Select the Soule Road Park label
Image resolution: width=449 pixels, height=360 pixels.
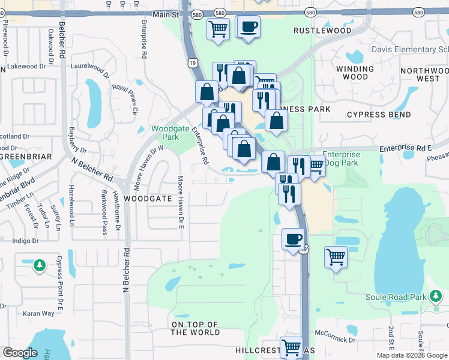coord(396,297)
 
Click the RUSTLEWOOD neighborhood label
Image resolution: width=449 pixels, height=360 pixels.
coord(322,31)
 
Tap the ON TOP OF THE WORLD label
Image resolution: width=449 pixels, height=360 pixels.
coord(196,328)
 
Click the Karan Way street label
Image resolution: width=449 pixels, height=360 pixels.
coord(38,313)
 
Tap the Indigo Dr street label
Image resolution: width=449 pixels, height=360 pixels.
coord(25,241)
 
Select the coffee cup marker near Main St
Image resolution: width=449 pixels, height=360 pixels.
coord(250,27)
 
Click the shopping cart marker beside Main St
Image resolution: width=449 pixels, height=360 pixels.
coord(218,28)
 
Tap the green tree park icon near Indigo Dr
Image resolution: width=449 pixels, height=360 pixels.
coord(40,265)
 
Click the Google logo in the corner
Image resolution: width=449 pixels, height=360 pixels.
coord(20,353)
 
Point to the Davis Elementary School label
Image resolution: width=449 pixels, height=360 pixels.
coord(409,49)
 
